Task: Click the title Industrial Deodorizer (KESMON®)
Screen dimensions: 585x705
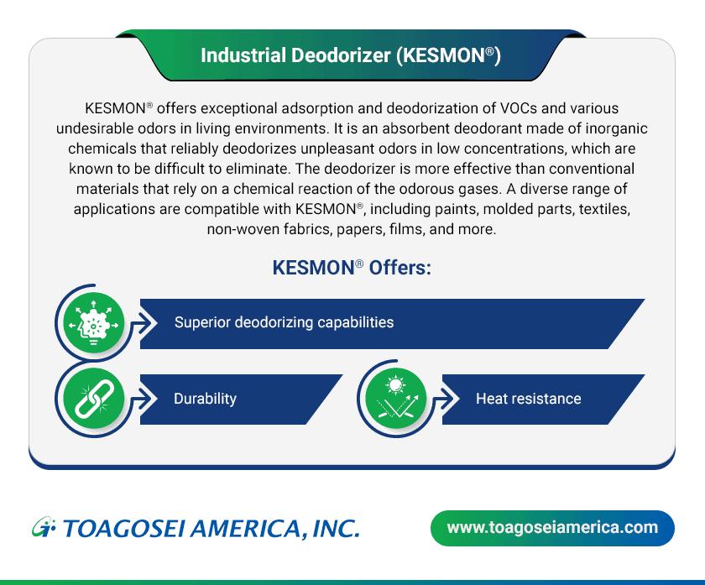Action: point(351,56)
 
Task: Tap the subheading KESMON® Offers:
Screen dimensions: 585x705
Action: point(352,268)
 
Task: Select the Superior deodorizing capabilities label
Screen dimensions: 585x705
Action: point(284,322)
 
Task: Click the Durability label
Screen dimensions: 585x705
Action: point(205,398)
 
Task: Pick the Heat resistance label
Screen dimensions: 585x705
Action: point(528,398)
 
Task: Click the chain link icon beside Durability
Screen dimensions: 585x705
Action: point(93,398)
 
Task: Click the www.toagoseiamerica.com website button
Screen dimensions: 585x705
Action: point(551,528)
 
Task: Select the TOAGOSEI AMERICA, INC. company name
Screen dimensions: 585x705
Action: point(211,529)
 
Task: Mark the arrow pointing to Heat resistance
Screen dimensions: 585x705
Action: point(449,398)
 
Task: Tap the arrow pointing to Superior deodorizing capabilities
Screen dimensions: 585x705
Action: point(147,323)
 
